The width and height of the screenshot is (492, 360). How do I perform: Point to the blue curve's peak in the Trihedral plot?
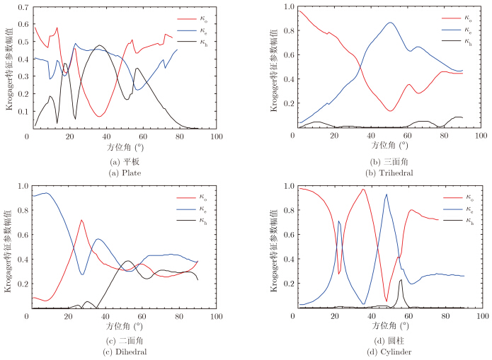(390, 23)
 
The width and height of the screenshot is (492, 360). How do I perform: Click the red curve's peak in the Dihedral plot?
(82, 220)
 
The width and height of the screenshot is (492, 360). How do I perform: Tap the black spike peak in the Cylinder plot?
(401, 280)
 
